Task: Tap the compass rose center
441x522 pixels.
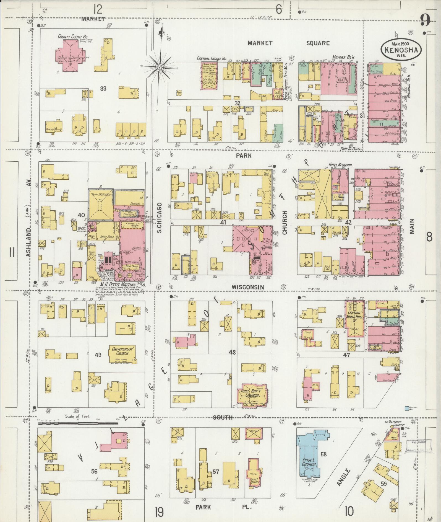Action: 160,67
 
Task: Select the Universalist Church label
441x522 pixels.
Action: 122,351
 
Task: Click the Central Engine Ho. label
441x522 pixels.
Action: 212,59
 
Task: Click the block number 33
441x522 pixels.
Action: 103,89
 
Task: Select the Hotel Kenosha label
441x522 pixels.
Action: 340,165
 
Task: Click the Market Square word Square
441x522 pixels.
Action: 318,43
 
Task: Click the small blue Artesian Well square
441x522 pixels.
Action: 407,408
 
